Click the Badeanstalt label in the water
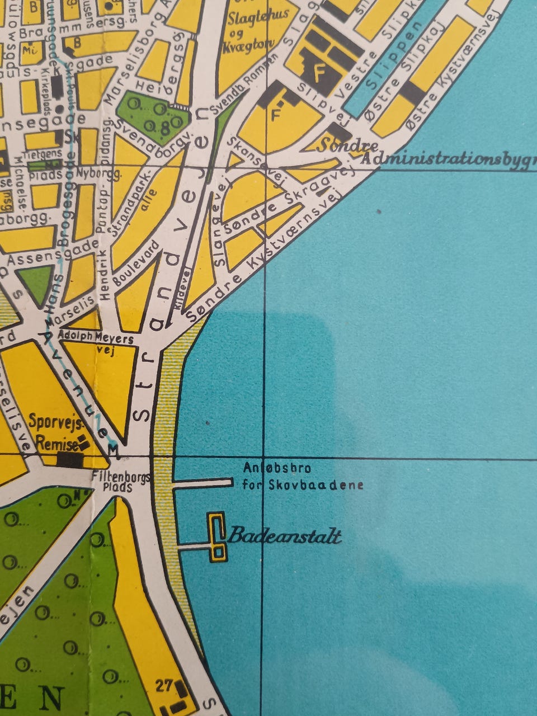click(284, 536)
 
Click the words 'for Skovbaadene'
click(303, 485)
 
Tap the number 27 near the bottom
click(163, 685)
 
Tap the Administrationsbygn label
click(447, 158)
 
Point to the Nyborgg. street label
click(101, 174)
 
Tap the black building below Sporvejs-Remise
click(70, 460)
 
